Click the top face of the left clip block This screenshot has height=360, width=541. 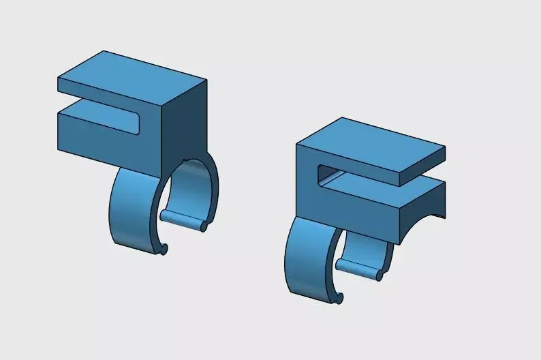129,75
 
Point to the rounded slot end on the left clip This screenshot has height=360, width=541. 139,123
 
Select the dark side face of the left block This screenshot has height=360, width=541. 184,123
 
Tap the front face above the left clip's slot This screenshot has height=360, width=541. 109,95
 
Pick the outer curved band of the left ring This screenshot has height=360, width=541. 133,211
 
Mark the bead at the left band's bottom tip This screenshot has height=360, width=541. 164,250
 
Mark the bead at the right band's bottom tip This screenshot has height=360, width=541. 339,297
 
